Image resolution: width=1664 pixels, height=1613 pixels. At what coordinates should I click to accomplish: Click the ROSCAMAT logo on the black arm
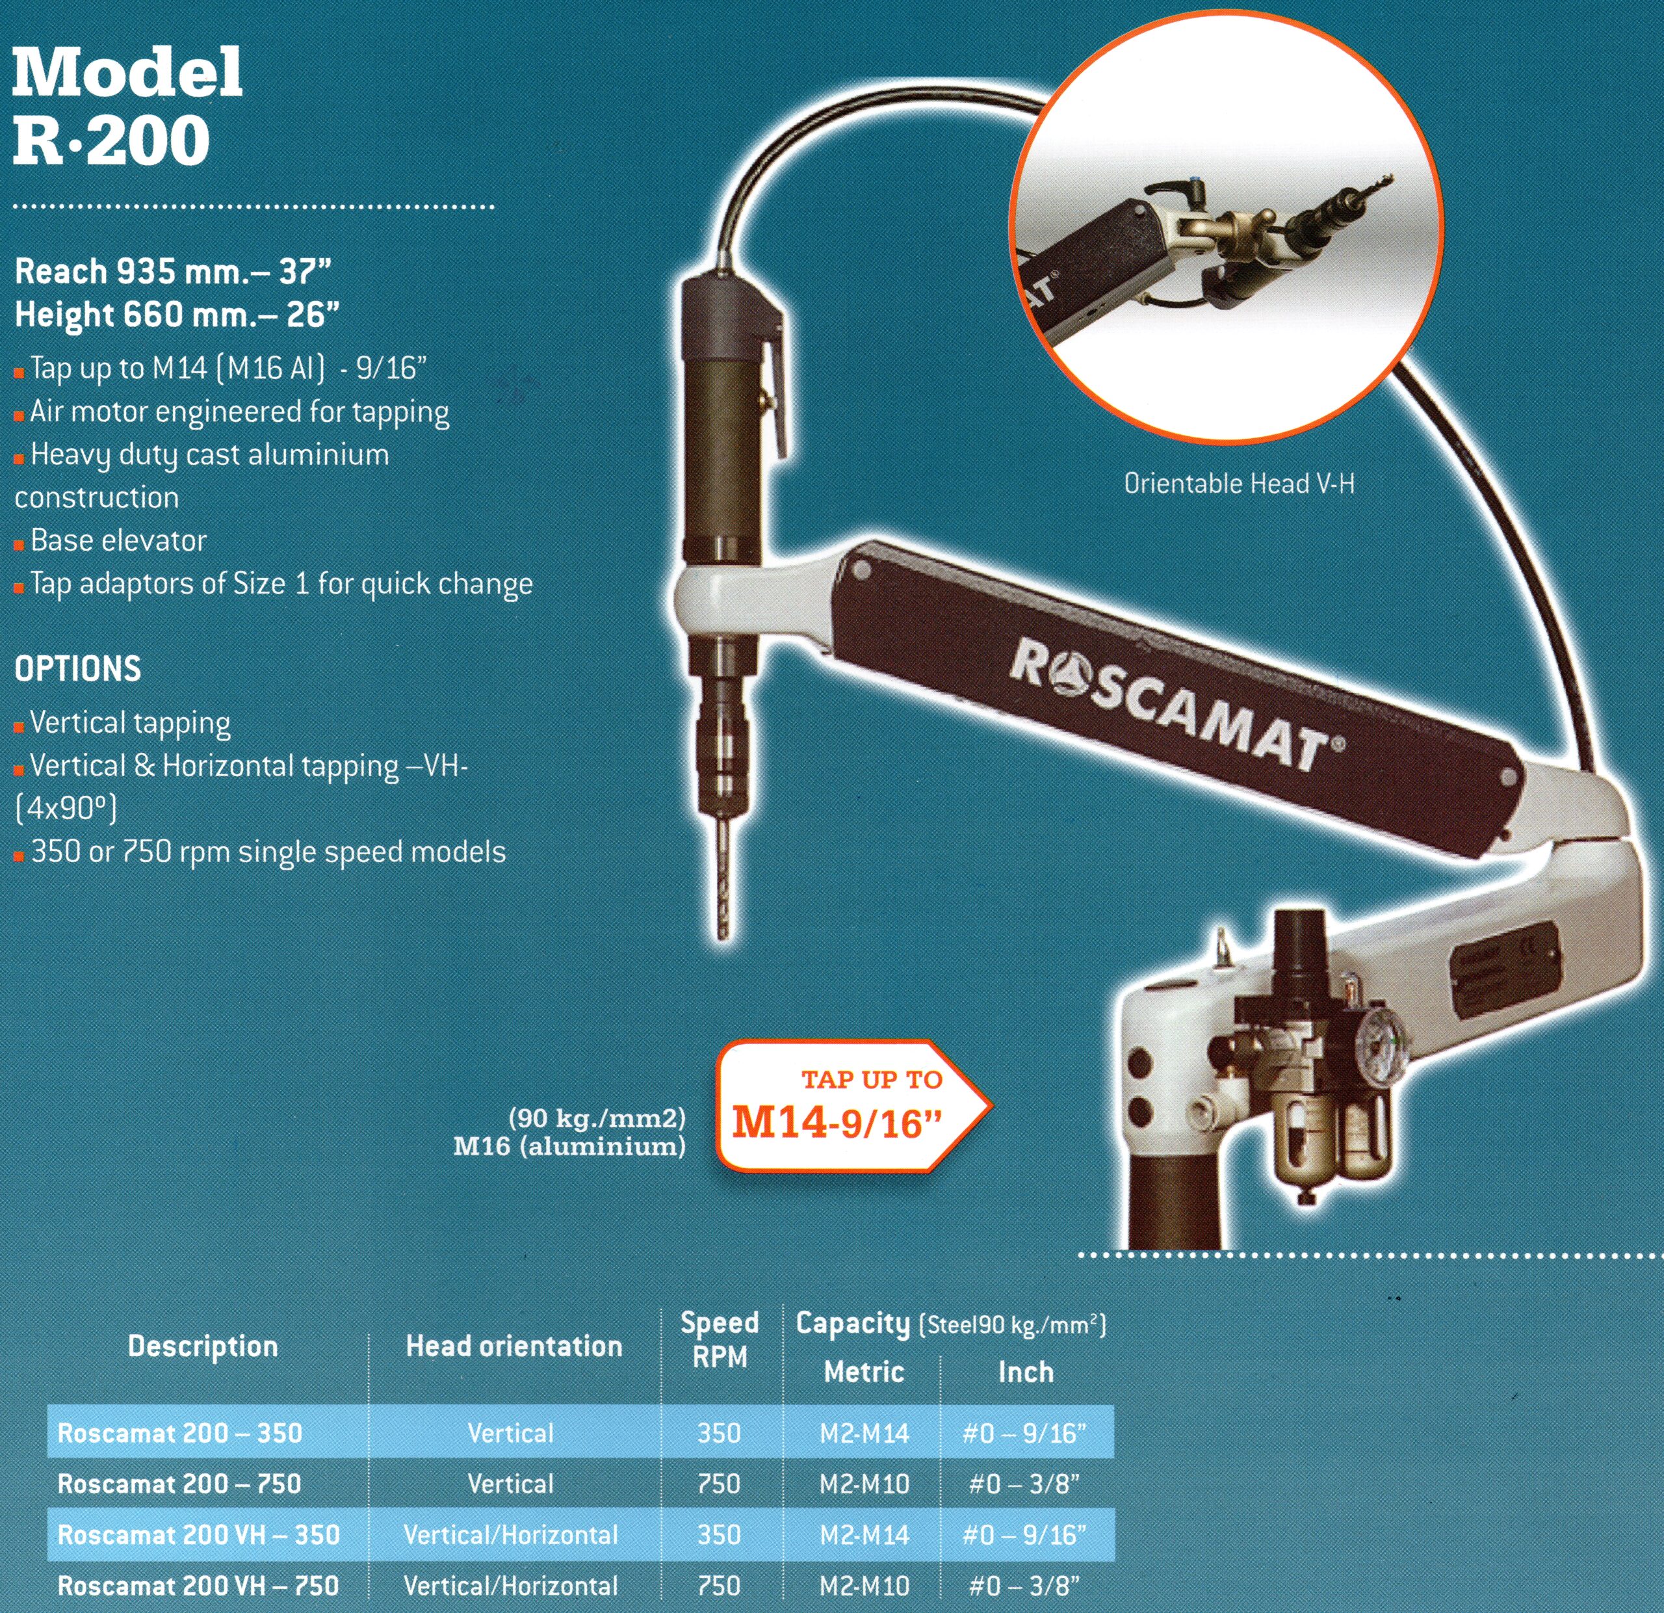[x=1176, y=705]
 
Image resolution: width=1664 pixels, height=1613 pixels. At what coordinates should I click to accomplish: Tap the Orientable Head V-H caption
[x=1239, y=484]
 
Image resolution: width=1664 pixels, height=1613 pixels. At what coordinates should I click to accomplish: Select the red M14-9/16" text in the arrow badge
[x=837, y=1124]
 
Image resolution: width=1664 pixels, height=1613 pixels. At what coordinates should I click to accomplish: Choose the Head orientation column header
[x=513, y=1346]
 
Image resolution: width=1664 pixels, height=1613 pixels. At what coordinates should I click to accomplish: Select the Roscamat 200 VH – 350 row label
[x=199, y=1534]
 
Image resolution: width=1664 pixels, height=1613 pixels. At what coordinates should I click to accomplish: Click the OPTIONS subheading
[x=78, y=669]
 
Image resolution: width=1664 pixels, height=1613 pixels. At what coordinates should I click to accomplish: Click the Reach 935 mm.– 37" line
[x=172, y=272]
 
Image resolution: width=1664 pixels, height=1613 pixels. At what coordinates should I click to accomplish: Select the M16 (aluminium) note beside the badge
[x=569, y=1146]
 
